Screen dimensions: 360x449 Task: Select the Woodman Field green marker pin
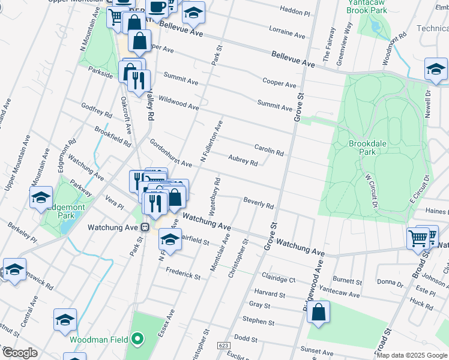[x=137, y=340]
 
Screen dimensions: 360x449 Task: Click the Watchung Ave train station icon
[x=145, y=227]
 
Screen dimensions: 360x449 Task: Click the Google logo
[x=19, y=353]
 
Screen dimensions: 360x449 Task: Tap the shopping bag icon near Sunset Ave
[x=318, y=312]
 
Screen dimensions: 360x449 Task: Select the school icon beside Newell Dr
[x=436, y=69]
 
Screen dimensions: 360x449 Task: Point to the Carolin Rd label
[x=268, y=149]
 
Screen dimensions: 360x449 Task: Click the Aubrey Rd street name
[x=243, y=161]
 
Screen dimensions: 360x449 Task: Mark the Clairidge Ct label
[x=279, y=278]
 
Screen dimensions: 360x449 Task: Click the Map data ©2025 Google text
[x=412, y=355]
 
